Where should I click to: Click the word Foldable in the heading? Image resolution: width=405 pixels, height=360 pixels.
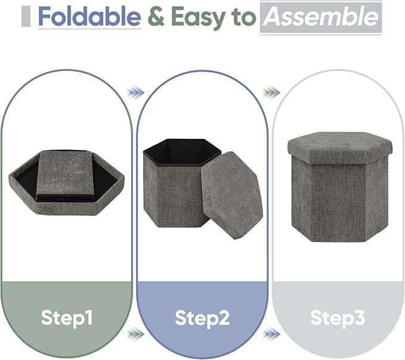[x=89, y=17]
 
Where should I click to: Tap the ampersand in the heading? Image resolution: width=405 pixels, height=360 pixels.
[x=156, y=17]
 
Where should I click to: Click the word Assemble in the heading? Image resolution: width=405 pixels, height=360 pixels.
[x=321, y=17]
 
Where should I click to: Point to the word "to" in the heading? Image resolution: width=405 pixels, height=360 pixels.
[x=244, y=17]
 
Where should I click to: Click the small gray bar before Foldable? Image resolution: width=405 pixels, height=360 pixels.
[x=26, y=17]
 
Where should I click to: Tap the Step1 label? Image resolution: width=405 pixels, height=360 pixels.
[x=67, y=318]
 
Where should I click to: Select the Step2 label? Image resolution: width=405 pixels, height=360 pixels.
[x=202, y=318]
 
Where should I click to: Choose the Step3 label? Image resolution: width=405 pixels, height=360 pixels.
[x=338, y=318]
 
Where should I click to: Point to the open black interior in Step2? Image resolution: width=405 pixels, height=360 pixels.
[x=182, y=152]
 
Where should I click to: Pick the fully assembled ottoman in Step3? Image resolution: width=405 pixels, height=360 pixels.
[x=340, y=187]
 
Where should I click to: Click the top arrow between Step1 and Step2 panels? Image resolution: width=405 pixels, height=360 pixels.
[x=135, y=92]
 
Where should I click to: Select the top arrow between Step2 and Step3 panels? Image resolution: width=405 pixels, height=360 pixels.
[x=271, y=92]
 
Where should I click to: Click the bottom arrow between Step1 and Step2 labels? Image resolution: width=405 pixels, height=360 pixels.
[x=135, y=334]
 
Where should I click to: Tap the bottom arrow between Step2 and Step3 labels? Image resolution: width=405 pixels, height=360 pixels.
[x=271, y=334]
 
